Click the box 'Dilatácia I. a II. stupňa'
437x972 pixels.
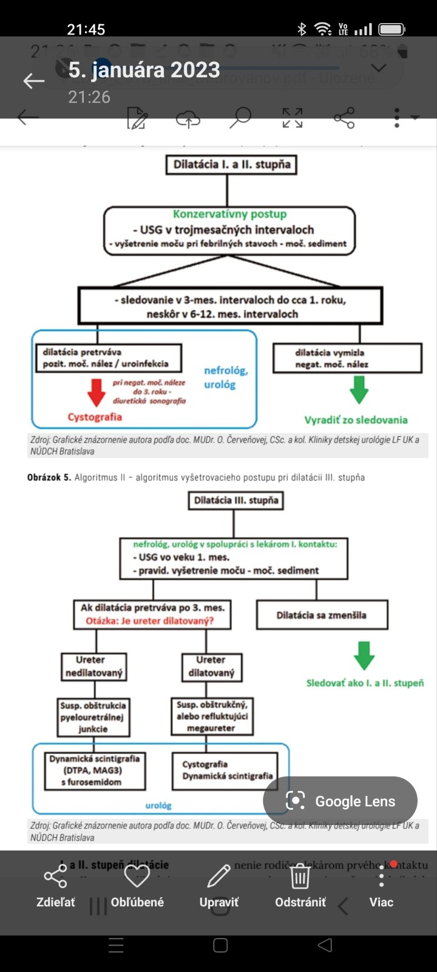click(x=231, y=165)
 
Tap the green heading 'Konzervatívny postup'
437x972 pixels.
click(x=229, y=214)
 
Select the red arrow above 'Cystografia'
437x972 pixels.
click(x=97, y=392)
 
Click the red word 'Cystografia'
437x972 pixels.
click(x=95, y=417)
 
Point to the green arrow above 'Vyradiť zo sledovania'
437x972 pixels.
click(x=359, y=390)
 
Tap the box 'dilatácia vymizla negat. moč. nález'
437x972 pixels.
click(x=347, y=358)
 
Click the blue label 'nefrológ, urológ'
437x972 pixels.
click(x=226, y=377)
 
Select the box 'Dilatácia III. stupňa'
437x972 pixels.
click(x=236, y=501)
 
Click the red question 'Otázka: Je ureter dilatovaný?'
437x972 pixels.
click(x=149, y=621)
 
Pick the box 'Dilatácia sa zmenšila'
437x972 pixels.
click(x=322, y=615)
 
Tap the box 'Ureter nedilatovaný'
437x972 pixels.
click(x=94, y=666)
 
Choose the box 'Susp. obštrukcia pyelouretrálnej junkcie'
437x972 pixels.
click(x=93, y=717)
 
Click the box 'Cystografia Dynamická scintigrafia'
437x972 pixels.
click(x=225, y=770)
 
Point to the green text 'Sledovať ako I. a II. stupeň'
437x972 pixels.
click(x=365, y=683)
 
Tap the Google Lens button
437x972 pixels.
click(x=340, y=801)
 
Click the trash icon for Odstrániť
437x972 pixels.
click(x=300, y=877)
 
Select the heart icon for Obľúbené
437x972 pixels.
click(x=137, y=876)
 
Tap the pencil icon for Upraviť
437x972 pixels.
click(x=218, y=876)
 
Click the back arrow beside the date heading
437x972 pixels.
click(x=34, y=81)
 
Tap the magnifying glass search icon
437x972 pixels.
click(x=240, y=117)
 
